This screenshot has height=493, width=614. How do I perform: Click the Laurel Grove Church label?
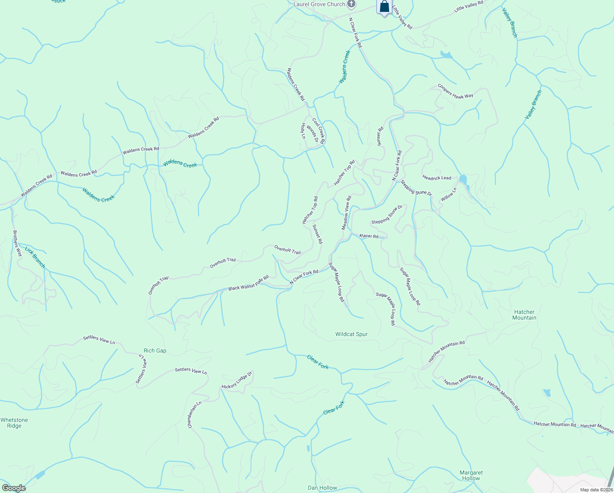pos(319,5)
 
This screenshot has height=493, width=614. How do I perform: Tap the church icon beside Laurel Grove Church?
pos(351,5)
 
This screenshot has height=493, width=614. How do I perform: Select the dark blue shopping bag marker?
pos(384,7)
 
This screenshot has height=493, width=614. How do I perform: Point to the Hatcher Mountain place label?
pos(524,315)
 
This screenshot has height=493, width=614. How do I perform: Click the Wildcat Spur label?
pos(351,334)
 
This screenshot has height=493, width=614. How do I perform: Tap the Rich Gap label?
pos(155,350)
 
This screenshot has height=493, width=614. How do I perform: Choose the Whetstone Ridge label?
pos(14,423)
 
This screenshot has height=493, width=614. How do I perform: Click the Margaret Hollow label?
pos(471,475)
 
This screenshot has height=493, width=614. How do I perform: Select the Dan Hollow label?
pos(323,488)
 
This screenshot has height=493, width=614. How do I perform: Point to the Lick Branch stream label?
pos(35,257)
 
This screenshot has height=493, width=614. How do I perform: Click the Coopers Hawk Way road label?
pos(455,91)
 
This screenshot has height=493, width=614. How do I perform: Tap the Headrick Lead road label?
pos(437,178)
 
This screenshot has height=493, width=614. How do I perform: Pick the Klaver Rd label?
pos(369,236)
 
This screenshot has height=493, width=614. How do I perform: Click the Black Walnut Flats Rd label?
pos(248,283)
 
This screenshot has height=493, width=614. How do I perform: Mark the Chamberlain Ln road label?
pos(195,415)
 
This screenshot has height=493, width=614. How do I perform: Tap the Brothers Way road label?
pos(17,243)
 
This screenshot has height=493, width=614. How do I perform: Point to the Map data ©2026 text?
pos(596,490)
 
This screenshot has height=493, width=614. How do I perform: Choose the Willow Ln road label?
pos(449,194)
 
